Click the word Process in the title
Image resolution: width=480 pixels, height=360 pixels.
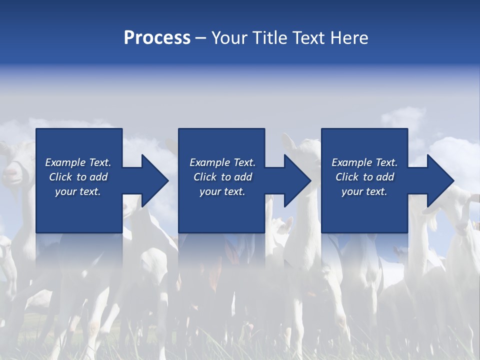pos(157,38)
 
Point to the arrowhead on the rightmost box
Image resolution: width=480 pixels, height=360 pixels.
pos(439,180)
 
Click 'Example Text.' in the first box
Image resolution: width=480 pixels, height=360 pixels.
pos(78,162)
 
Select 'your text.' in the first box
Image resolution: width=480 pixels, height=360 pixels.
pos(78,191)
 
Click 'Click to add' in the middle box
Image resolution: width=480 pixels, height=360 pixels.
pos(222,177)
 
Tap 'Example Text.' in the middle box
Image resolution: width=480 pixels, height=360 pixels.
pos(222,162)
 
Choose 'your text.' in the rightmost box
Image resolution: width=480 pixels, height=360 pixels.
pos(364,191)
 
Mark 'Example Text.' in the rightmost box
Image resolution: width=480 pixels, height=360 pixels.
pos(364,162)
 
